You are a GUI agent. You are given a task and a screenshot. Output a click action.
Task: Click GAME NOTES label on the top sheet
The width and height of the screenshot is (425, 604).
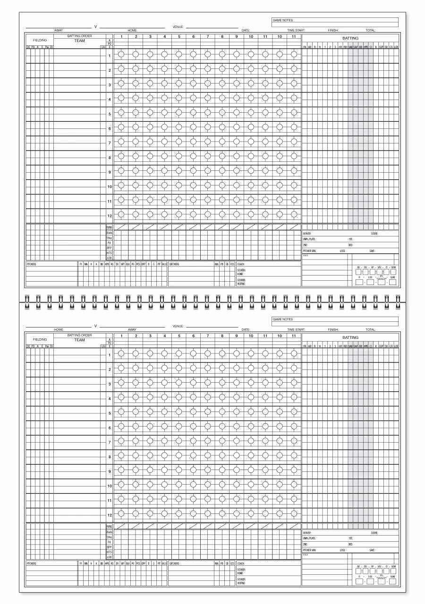click(x=283, y=20)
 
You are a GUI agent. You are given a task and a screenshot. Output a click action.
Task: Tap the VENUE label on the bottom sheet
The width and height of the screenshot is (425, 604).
click(x=178, y=326)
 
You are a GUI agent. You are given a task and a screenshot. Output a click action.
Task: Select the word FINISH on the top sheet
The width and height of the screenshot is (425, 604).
click(x=333, y=30)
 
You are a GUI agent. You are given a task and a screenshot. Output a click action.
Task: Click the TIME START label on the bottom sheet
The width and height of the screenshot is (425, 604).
click(x=296, y=329)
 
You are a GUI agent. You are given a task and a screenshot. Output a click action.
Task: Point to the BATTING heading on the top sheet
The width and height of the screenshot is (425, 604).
click(x=350, y=38)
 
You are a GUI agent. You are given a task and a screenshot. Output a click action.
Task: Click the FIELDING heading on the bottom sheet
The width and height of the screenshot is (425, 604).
click(x=40, y=339)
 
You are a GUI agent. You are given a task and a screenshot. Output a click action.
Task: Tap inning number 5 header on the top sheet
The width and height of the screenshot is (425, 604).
click(x=179, y=36)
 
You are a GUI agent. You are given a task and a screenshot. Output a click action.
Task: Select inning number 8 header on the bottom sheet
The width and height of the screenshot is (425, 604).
click(x=222, y=336)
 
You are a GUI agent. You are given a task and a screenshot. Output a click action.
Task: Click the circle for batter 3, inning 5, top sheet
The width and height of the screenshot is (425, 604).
click(x=179, y=84)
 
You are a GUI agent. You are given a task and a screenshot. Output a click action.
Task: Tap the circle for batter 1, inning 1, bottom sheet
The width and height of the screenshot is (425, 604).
click(x=121, y=353)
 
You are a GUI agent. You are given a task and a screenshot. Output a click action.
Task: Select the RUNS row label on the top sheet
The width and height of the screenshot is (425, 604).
click(x=109, y=227)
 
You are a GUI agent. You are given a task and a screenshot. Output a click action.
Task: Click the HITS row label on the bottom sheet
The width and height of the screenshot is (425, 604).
click(x=109, y=552)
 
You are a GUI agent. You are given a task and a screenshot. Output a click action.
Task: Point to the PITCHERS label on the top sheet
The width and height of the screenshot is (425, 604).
click(x=31, y=264)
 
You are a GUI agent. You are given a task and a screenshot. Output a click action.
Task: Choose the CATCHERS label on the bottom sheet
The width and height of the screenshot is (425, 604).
click(x=174, y=563)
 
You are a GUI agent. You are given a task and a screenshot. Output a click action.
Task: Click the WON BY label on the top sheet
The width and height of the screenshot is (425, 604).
click(x=307, y=234)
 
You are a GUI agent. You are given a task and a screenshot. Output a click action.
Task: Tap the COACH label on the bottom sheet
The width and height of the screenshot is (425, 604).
click(x=241, y=563)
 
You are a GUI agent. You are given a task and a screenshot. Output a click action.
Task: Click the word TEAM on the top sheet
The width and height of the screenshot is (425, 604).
click(x=79, y=41)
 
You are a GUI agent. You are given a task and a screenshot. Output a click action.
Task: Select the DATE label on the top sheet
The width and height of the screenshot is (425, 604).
click(x=246, y=30)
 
